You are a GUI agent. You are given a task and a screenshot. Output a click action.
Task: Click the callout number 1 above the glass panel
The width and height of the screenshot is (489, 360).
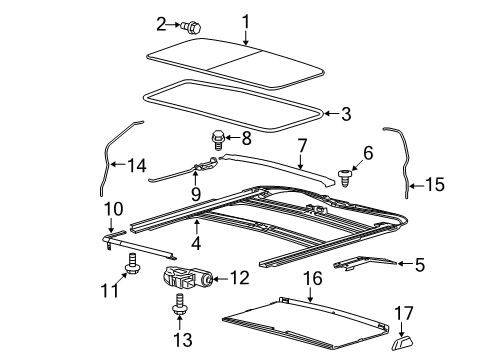point(246,22)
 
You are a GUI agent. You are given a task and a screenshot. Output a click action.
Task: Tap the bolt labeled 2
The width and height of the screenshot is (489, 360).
point(192,27)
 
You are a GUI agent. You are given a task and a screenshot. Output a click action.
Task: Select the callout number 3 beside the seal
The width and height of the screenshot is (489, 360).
point(346,114)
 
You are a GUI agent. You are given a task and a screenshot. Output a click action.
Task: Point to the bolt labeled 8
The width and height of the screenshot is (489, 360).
point(217,140)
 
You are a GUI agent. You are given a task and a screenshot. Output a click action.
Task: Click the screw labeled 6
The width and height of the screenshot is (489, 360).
point(344,178)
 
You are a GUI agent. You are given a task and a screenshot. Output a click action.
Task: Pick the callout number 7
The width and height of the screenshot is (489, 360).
point(302,146)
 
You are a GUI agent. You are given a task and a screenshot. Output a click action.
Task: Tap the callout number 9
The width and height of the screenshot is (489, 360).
point(196,194)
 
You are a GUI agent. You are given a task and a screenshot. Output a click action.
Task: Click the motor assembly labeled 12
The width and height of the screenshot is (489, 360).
point(188,277)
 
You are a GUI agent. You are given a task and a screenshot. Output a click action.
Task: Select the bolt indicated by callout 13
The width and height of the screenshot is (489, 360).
point(180,304)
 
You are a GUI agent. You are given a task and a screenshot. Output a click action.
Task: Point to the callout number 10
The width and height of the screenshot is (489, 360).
point(113,209)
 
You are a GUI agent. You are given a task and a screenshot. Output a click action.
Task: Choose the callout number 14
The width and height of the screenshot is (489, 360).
point(137,166)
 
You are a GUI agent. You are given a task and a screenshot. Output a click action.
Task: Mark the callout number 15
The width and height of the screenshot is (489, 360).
point(435,184)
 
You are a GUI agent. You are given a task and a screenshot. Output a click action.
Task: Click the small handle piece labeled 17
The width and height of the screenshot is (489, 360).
point(402,343)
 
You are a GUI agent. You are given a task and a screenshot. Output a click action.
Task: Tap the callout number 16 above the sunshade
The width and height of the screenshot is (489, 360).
point(313,278)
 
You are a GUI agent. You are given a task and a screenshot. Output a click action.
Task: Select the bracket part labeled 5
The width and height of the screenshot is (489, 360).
point(365,262)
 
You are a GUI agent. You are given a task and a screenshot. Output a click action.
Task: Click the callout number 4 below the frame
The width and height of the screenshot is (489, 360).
point(196,243)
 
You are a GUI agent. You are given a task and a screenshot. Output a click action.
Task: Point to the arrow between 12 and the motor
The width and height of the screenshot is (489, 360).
point(219,279)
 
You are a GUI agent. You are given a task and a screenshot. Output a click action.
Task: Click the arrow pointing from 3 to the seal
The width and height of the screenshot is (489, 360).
point(331,114)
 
